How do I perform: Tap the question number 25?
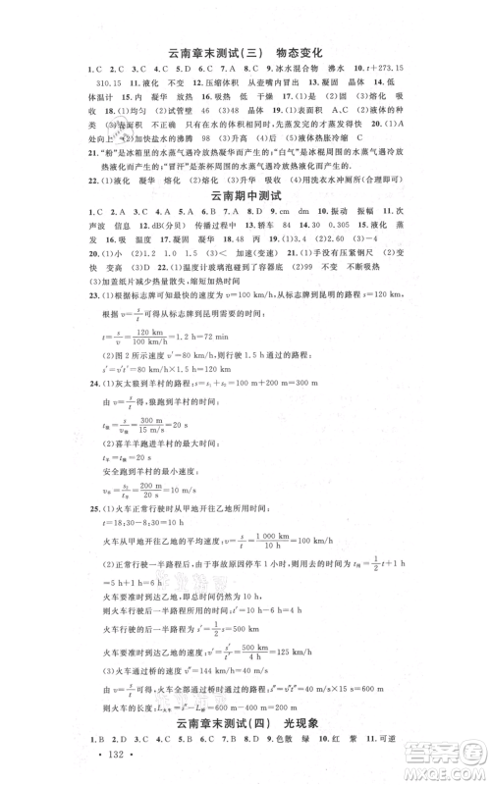pyautogui.click(x=91, y=512)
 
